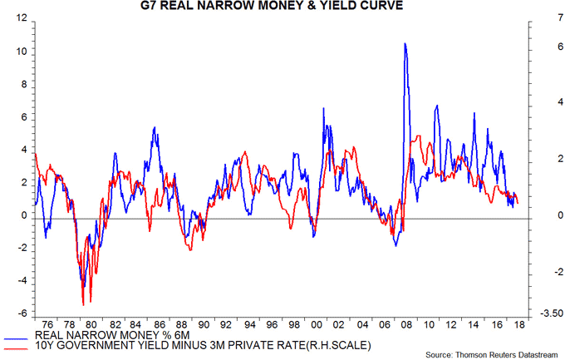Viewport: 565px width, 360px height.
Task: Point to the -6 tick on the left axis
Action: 18,313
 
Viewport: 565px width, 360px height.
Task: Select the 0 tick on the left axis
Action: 22,215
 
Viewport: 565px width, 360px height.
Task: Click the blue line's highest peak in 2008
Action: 405,43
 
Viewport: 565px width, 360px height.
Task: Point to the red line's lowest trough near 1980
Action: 83,305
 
